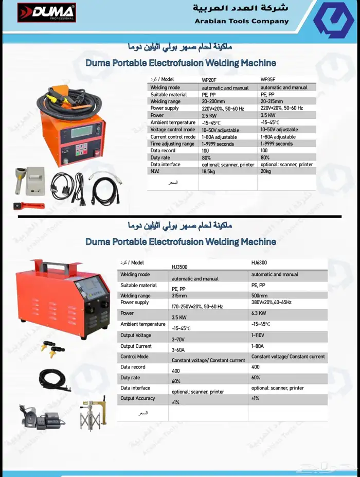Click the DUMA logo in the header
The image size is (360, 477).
tap(46, 13)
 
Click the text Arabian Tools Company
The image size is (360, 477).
tap(242, 21)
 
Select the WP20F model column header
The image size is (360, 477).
tap(210, 80)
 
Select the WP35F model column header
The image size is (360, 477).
tap(268, 80)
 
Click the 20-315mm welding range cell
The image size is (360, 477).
tap(273, 102)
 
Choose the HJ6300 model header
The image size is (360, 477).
tap(259, 262)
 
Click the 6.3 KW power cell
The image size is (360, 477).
tap(259, 313)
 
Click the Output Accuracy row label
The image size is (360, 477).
tap(138, 398)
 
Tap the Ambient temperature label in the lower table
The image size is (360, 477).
tap(143, 324)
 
